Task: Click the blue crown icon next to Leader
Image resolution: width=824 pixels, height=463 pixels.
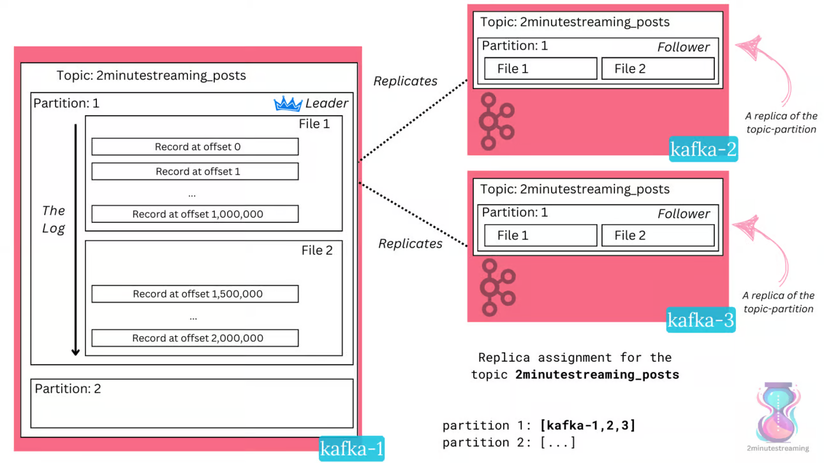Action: pyautogui.click(x=288, y=104)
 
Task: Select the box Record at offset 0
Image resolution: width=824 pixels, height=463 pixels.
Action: pyautogui.click(x=195, y=146)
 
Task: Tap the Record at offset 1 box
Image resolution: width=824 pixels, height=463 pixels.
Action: pyautogui.click(x=195, y=171)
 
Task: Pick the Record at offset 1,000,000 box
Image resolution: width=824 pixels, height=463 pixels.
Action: pyautogui.click(x=195, y=214)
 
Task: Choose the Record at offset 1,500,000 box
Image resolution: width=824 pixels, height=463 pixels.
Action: pyautogui.click(x=195, y=294)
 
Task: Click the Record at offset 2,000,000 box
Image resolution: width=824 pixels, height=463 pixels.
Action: pyautogui.click(x=195, y=338)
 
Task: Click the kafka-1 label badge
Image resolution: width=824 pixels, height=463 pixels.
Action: pyautogui.click(x=351, y=448)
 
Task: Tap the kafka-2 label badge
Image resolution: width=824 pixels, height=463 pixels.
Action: pyautogui.click(x=703, y=149)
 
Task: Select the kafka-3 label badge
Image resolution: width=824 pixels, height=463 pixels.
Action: pyautogui.click(x=701, y=320)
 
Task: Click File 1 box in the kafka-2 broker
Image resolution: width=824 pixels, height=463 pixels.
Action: pyautogui.click(x=541, y=68)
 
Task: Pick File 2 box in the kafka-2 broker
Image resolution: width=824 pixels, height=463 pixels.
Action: pyautogui.click(x=658, y=68)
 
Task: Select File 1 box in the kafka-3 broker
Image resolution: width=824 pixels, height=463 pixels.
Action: pyautogui.click(x=541, y=235)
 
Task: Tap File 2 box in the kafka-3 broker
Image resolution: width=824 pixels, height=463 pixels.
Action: pyautogui.click(x=658, y=235)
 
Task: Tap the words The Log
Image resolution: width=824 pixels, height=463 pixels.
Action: pyautogui.click(x=54, y=219)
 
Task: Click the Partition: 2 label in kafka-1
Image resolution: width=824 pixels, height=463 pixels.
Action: pyautogui.click(x=68, y=388)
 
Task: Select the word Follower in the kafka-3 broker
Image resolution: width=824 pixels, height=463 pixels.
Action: pyautogui.click(x=684, y=214)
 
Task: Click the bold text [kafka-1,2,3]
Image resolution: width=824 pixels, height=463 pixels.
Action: pyautogui.click(x=587, y=425)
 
